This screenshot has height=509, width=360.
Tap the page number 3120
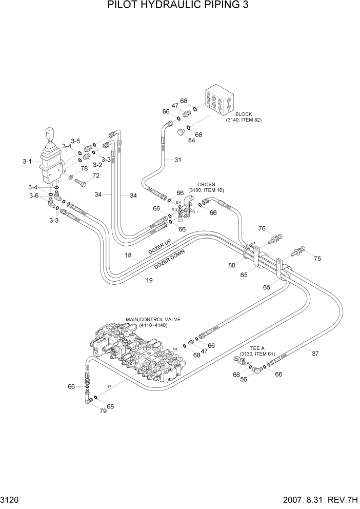[x=13, y=500]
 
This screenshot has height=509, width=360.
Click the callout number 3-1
[x=28, y=162]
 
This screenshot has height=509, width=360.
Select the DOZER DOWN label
[x=170, y=260]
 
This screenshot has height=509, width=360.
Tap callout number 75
[x=317, y=259]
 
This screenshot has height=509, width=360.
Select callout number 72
[x=95, y=176]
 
